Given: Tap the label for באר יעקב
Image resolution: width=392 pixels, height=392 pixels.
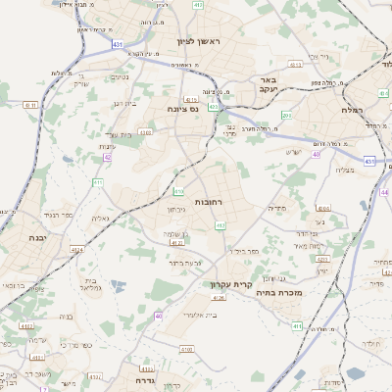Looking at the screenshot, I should pyautogui.click(x=266, y=84).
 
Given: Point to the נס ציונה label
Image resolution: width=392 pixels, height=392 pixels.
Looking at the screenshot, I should pyautogui.click(x=182, y=109).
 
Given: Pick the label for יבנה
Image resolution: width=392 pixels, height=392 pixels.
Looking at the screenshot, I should pyautogui.click(x=37, y=238).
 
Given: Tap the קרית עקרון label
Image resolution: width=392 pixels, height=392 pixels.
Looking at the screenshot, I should pyautogui.click(x=225, y=285).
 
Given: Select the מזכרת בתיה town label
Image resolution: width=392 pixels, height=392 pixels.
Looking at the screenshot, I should pyautogui.click(x=277, y=292).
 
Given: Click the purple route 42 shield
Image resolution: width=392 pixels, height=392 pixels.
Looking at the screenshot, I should pyautogui.click(x=107, y=157).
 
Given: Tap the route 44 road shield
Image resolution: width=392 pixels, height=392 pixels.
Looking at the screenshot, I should pyautogui.click(x=385, y=193).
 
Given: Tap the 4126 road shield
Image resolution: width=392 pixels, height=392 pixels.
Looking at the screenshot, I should pyautogui.click(x=219, y=298).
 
